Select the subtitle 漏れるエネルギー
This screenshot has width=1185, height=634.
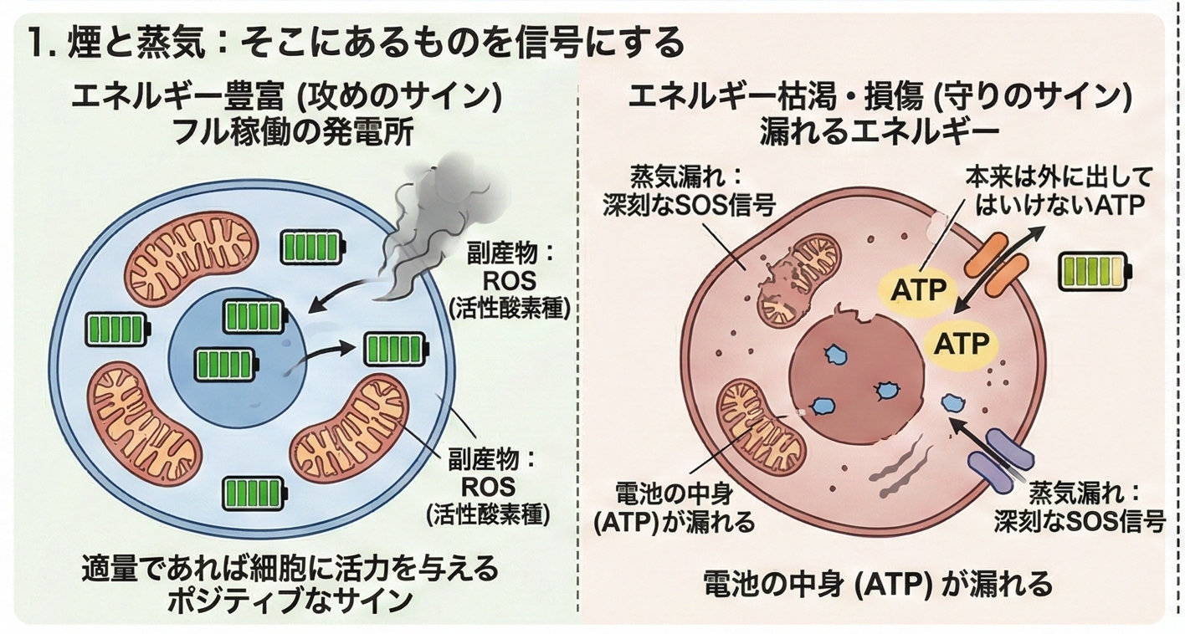(x=879, y=134)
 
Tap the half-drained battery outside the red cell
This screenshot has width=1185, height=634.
(x=1093, y=273)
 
